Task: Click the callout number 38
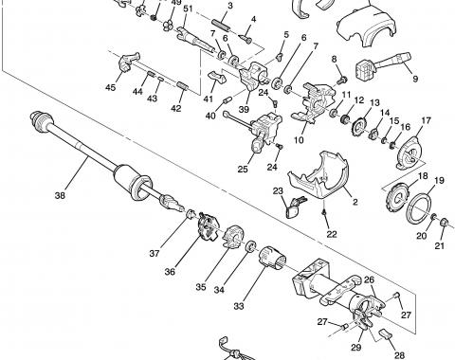tap(60, 197)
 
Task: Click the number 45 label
tap(111, 88)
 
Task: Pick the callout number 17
tap(427, 120)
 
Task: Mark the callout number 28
tap(398, 355)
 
